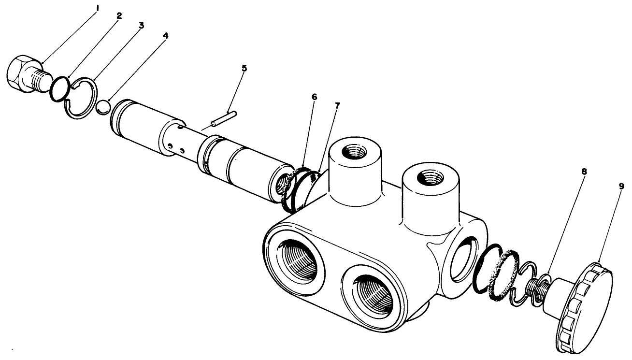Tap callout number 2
tap(119, 15)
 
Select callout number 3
tap(141, 25)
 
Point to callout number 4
tap(166, 36)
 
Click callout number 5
tap(244, 68)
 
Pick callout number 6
tap(315, 97)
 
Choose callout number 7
tap(337, 105)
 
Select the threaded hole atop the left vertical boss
tap(354, 154)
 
